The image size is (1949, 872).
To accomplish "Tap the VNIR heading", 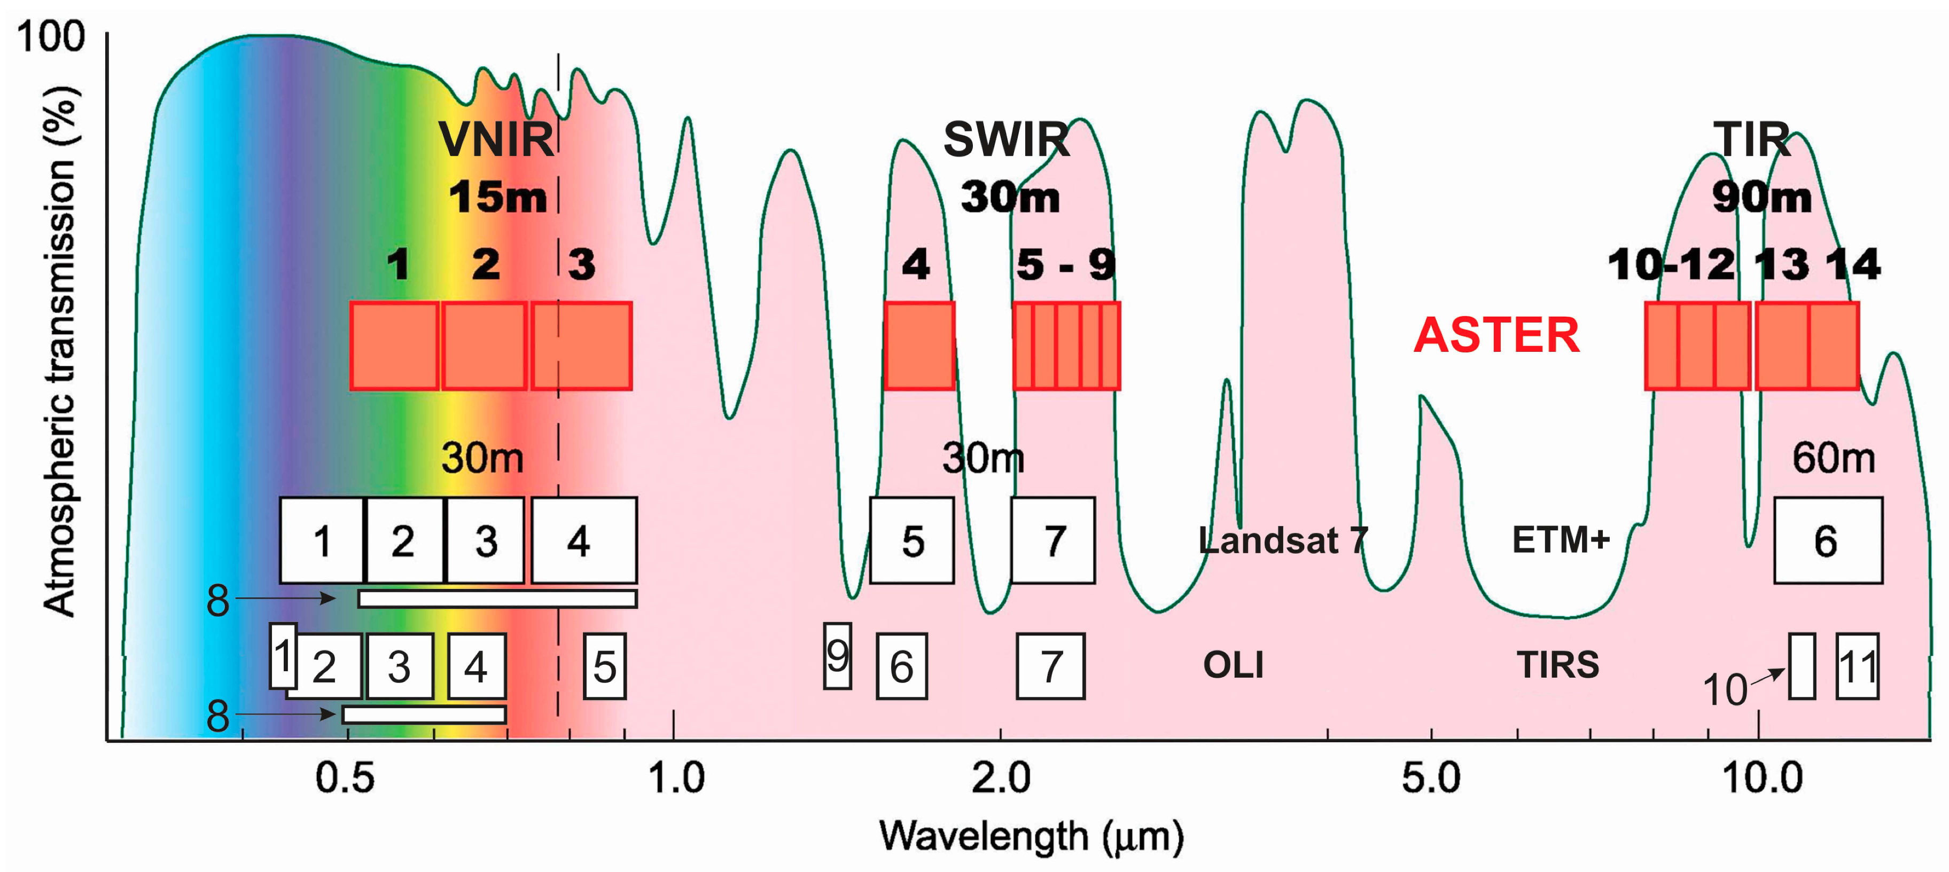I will coord(496,139).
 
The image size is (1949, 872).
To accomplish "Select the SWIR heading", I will coord(1006,139).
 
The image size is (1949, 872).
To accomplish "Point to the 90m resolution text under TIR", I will coord(1761,198).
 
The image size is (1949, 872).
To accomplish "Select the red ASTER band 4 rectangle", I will coord(919,345).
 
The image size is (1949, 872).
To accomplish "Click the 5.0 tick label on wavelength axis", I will coord(1431,777).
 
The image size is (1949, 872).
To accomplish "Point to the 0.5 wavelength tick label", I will coord(345,777).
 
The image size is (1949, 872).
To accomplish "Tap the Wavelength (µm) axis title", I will coord(1031,836).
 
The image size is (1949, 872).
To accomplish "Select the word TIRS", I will coord(1557,665).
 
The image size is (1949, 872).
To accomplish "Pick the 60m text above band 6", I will coord(1833,458).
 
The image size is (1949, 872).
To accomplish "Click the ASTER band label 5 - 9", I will coord(1065,265).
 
